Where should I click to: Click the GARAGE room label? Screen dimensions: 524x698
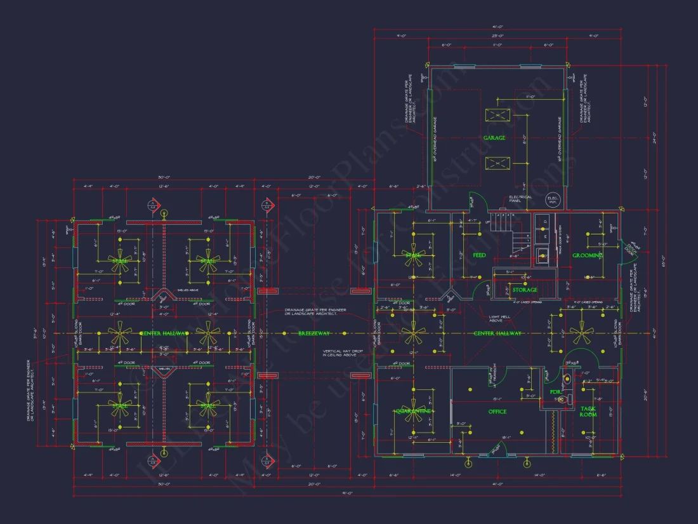point(494,138)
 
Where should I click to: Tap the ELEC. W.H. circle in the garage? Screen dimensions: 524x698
point(553,199)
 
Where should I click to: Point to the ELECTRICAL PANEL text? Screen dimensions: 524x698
point(520,199)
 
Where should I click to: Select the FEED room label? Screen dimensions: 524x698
point(480,255)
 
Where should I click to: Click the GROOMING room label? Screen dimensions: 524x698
point(587,255)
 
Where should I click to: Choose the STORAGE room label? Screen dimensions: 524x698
point(525,290)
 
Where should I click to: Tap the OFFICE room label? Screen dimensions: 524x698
point(497,412)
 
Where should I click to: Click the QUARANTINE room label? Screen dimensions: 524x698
point(413,411)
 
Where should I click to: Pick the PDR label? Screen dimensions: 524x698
point(555,392)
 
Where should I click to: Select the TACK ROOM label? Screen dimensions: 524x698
point(588,411)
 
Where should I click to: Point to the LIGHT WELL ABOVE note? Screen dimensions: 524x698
point(501,319)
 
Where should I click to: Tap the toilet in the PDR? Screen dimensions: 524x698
point(568,379)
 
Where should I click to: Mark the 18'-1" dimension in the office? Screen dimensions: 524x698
point(506,438)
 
